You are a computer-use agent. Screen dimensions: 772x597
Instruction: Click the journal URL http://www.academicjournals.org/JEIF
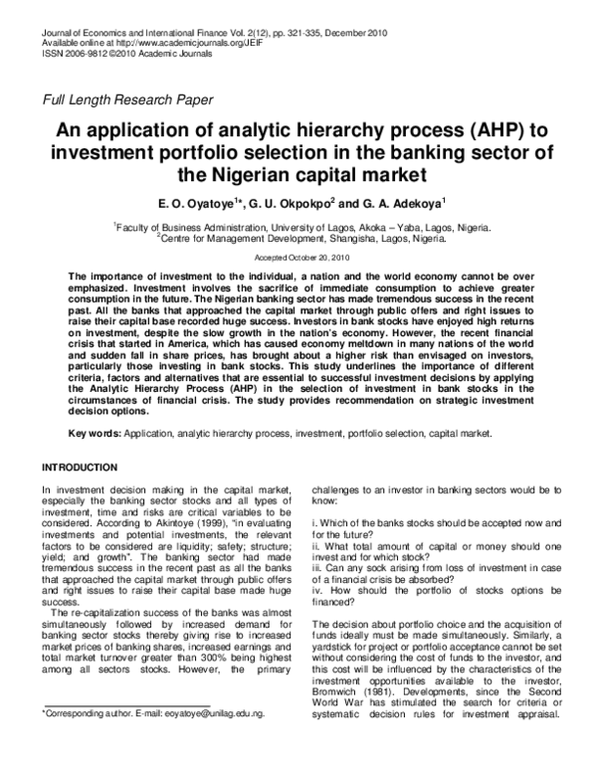click(172, 43)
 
